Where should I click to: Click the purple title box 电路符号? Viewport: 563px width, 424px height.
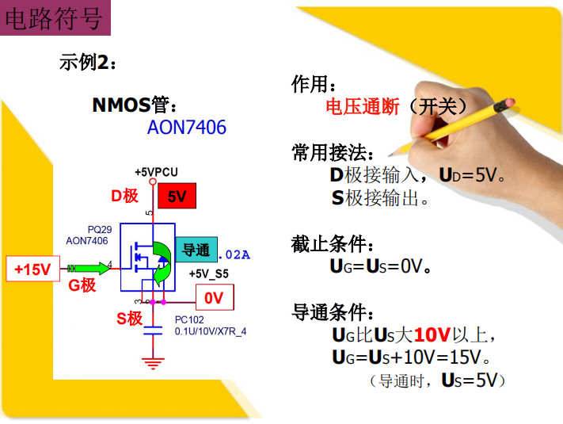(55, 17)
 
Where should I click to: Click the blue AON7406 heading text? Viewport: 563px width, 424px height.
(187, 127)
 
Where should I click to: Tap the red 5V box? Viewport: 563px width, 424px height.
(177, 196)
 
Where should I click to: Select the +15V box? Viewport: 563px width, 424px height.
(32, 269)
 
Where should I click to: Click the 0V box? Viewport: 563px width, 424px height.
(215, 297)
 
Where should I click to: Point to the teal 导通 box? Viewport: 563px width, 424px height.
(196, 250)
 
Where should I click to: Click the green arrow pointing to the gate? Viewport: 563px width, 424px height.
(89, 268)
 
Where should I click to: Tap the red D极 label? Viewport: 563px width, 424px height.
(124, 196)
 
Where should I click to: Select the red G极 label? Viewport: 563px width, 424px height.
(82, 285)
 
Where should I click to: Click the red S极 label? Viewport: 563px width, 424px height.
(130, 319)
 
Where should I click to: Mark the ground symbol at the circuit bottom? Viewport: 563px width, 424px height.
(153, 363)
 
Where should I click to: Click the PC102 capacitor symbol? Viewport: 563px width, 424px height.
(153, 330)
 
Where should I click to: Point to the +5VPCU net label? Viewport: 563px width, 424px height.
(156, 172)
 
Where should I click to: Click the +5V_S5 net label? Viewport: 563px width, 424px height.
(209, 273)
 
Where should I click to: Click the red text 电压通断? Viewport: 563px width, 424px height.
(363, 107)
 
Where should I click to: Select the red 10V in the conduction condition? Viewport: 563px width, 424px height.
(432, 335)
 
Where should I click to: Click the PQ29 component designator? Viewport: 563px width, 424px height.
(100, 230)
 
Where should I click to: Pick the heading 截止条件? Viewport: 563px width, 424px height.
(333, 244)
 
